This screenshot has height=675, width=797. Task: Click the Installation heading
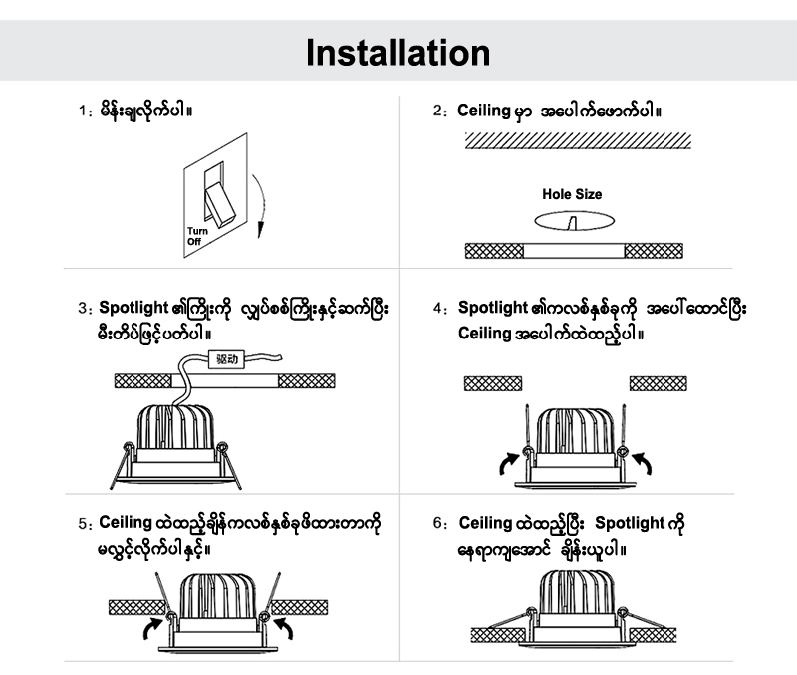click(x=398, y=51)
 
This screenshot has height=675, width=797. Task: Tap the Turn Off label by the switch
click(x=194, y=237)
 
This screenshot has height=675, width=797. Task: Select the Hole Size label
click(x=571, y=195)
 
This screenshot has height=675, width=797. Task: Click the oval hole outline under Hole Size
click(x=574, y=220)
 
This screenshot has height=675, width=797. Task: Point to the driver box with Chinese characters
click(x=228, y=360)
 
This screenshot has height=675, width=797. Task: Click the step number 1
click(x=83, y=112)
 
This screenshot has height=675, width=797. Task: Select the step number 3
click(x=83, y=310)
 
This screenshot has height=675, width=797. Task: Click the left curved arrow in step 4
click(x=509, y=460)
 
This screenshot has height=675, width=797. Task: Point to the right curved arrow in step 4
click(x=643, y=461)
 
